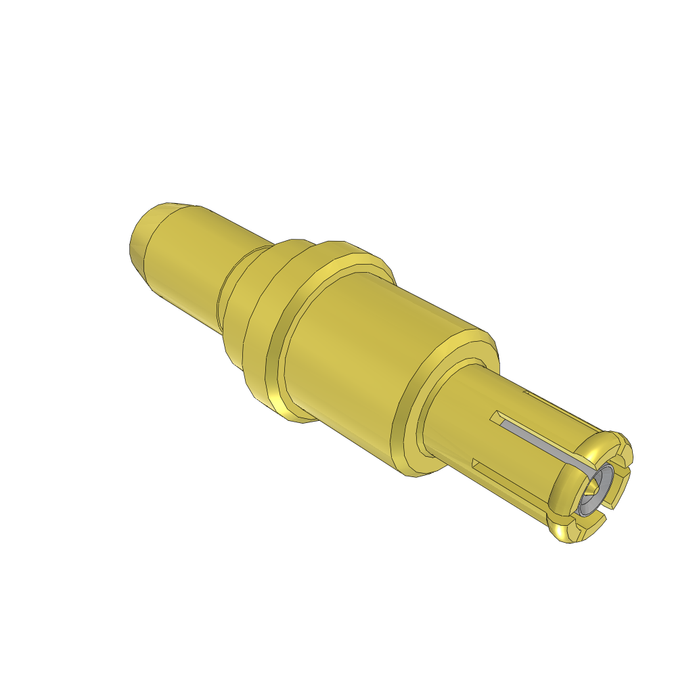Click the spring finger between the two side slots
tap(521, 460)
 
